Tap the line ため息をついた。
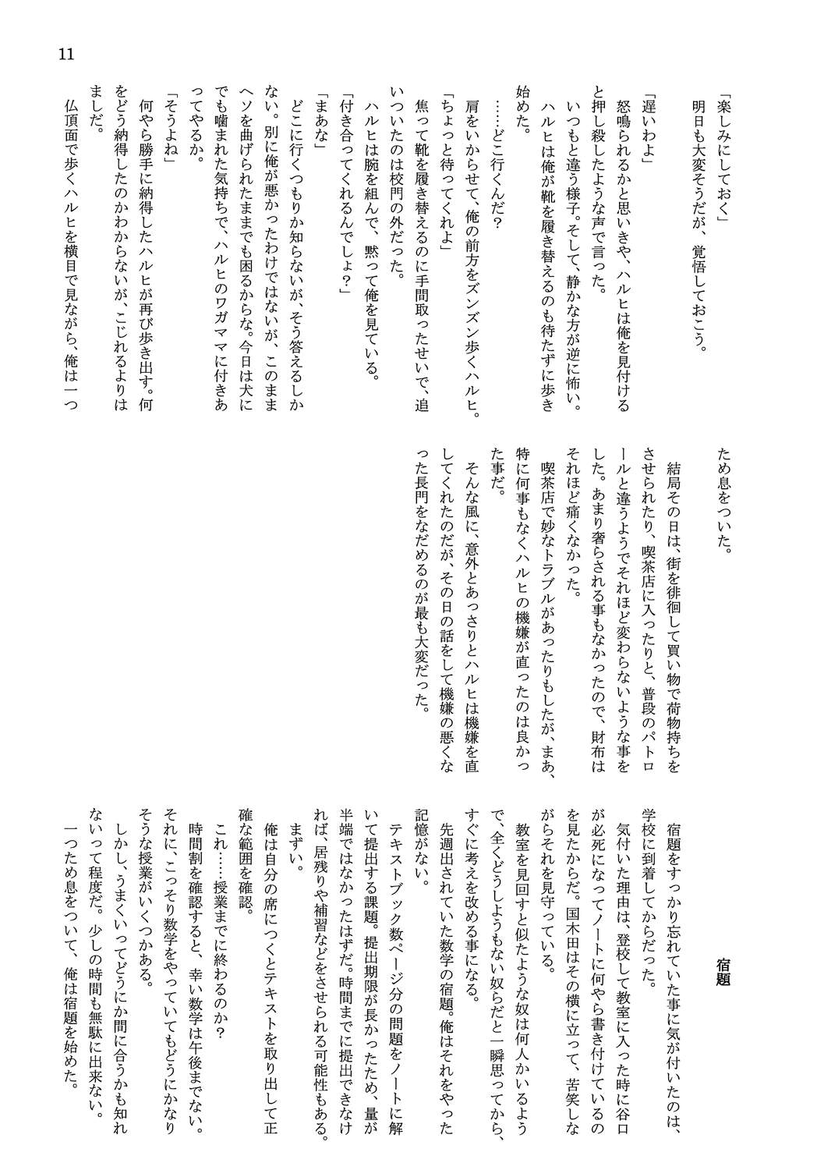click(723, 500)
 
